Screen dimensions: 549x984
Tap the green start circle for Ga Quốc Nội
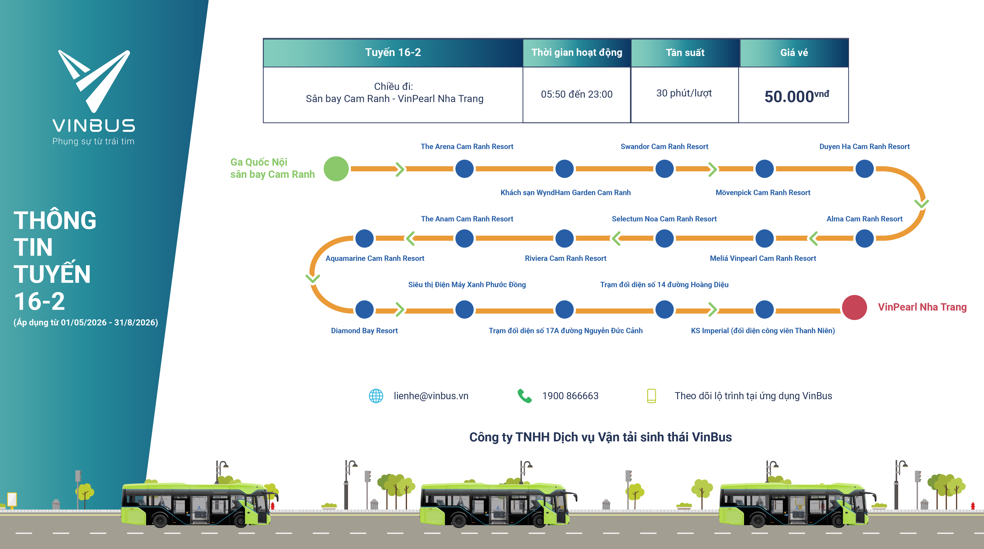click(336, 169)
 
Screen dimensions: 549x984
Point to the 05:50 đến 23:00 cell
click(577, 94)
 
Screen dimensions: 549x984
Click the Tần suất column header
click(685, 53)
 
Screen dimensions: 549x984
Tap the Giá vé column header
click(794, 53)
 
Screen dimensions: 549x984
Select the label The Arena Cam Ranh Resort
click(467, 147)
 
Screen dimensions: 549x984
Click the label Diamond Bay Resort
click(364, 331)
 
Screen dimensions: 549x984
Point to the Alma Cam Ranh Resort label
click(864, 219)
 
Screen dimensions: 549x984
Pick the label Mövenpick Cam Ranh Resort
click(762, 193)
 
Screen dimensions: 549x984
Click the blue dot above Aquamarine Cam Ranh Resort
click(364, 238)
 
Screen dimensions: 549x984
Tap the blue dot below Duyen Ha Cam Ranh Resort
click(864, 169)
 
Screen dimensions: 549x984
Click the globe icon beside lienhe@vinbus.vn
click(376, 396)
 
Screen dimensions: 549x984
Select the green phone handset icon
click(524, 396)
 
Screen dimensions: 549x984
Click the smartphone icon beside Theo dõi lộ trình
click(651, 396)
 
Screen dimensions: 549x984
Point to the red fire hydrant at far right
click(973, 505)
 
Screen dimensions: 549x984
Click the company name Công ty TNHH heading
click(600, 437)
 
